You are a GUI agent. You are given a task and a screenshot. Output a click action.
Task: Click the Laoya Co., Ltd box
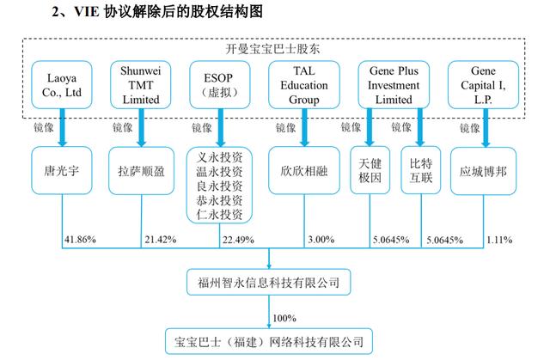62,85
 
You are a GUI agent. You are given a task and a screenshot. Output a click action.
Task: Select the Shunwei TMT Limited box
141,85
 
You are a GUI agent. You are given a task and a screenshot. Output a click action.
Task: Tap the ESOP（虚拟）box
220,85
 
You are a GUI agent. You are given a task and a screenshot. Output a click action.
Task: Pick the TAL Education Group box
304,85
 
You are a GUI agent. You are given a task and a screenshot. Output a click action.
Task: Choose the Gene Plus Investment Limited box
394,85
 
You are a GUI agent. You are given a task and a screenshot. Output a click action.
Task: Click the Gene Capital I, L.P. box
483,85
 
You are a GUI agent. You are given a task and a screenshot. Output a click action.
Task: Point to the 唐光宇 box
62,171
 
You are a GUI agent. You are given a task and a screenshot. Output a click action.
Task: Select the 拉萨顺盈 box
141,171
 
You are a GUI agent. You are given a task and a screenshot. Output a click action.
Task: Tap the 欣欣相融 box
304,171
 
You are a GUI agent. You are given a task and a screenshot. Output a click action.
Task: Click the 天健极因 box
370,170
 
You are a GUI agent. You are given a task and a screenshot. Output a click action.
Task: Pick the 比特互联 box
421,170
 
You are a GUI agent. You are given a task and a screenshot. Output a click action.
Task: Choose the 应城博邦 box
483,171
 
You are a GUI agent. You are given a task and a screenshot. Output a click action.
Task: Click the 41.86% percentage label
80,240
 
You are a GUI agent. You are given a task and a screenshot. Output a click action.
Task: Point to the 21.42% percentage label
161,240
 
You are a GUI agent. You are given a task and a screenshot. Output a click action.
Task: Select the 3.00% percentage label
321,240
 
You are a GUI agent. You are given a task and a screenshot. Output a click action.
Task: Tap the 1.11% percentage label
499,240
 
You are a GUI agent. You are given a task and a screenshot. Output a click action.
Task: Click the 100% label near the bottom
284,318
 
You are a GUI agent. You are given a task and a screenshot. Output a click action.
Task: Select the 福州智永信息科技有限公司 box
269,282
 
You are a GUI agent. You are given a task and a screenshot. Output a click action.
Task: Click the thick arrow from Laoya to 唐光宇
63,127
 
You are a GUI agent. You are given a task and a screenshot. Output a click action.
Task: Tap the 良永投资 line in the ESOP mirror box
220,186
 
